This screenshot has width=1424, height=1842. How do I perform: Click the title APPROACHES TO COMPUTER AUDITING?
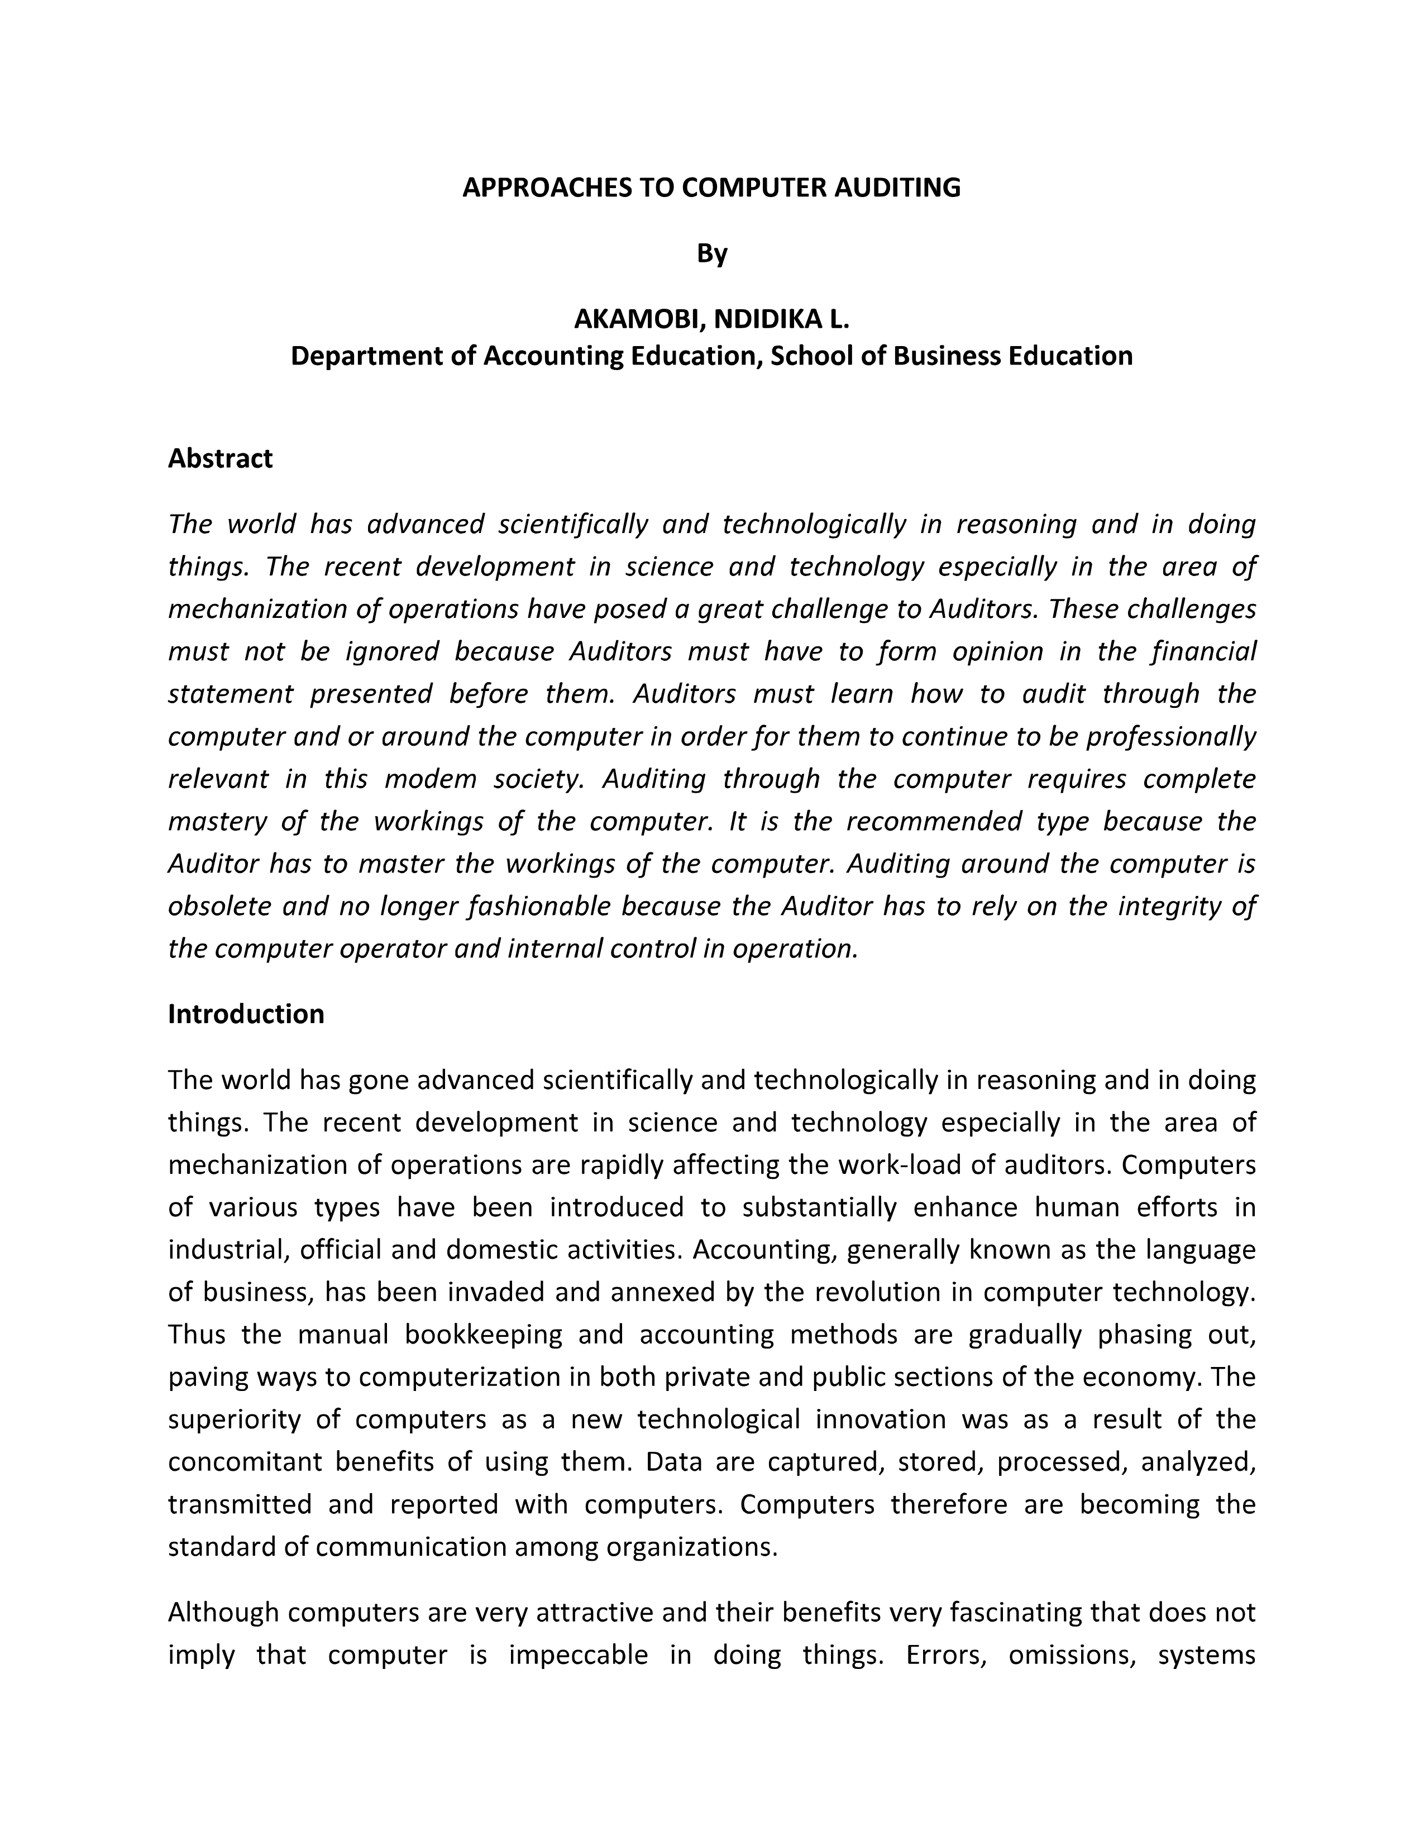[x=711, y=187]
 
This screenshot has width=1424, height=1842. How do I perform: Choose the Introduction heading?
[x=246, y=1014]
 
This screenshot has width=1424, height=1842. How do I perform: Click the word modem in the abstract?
[x=430, y=779]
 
